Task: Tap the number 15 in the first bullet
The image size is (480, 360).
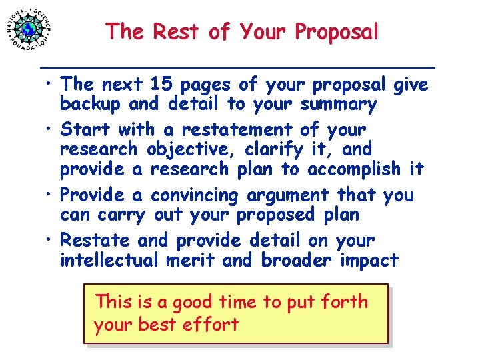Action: [162, 85]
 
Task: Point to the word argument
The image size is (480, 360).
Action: [287, 196]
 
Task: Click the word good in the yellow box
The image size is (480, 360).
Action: [193, 303]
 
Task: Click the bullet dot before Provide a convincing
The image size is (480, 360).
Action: [50, 195]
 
